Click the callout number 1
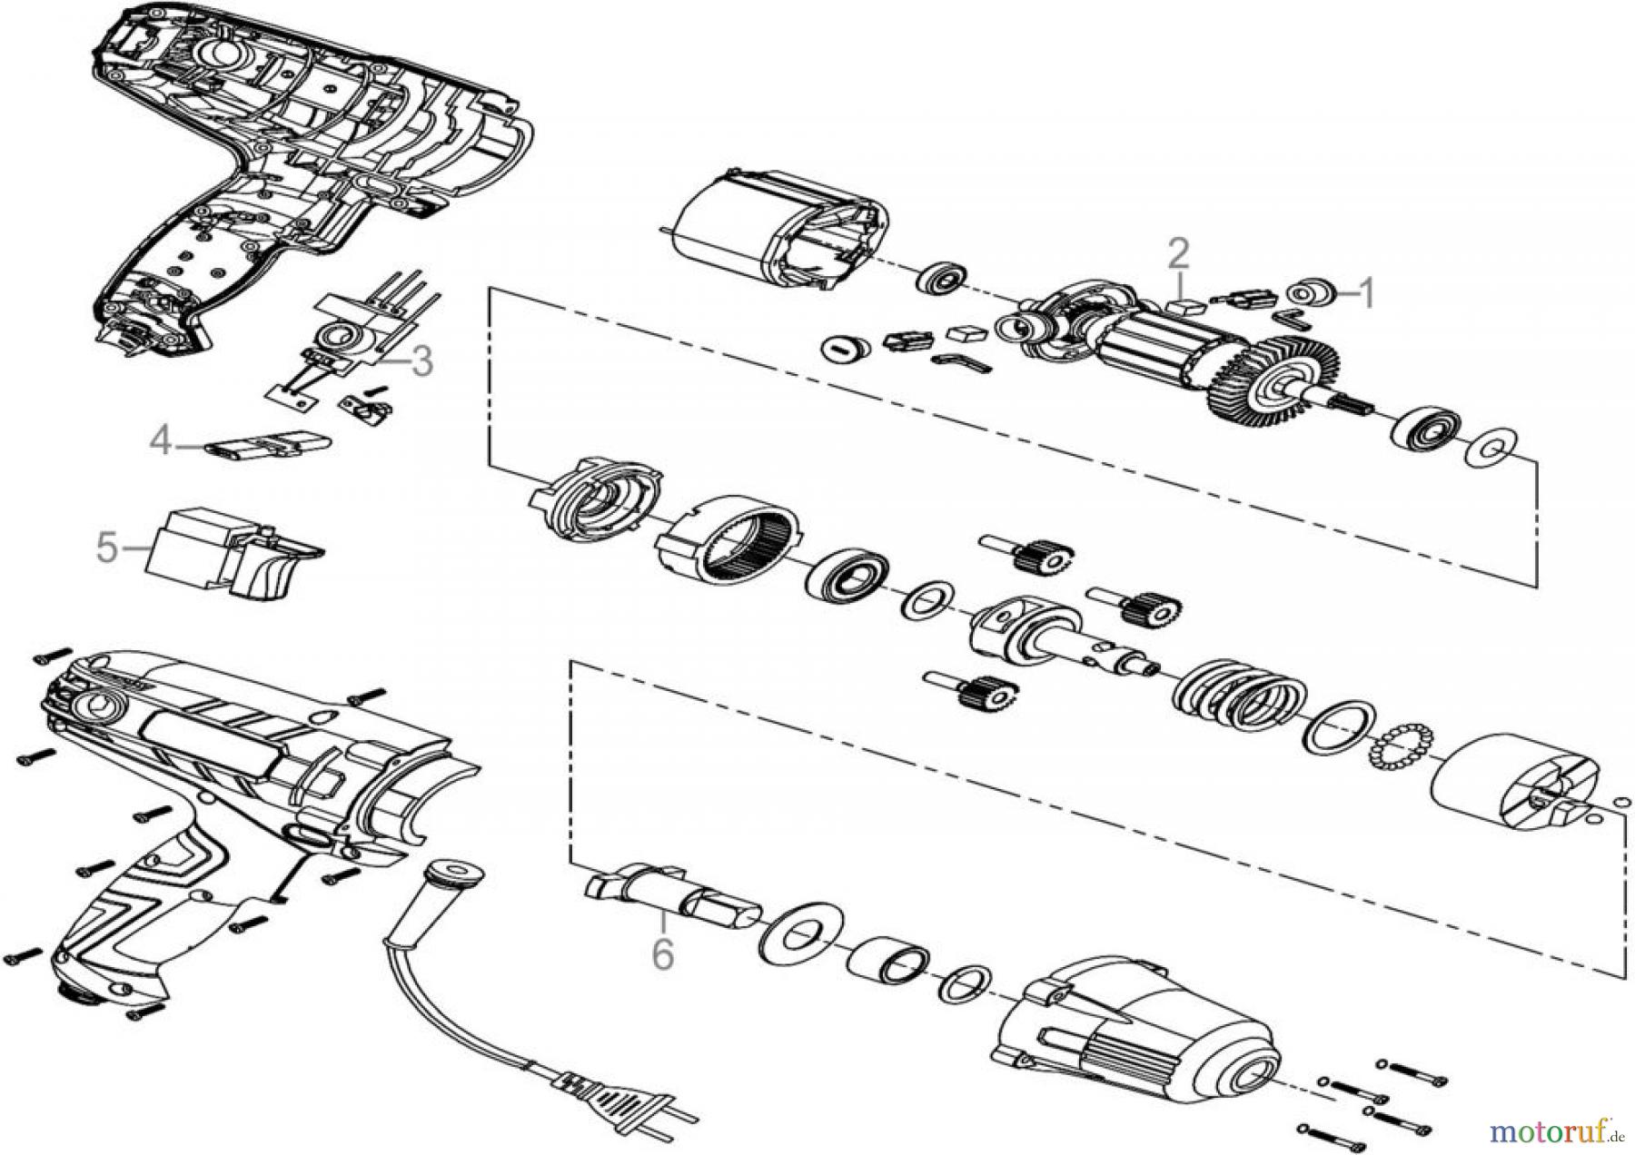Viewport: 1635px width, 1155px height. (x=1364, y=293)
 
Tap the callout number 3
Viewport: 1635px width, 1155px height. (x=421, y=362)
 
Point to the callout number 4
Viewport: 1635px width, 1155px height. (x=161, y=442)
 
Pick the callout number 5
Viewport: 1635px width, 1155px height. (x=107, y=548)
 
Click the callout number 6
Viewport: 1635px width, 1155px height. (x=663, y=954)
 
